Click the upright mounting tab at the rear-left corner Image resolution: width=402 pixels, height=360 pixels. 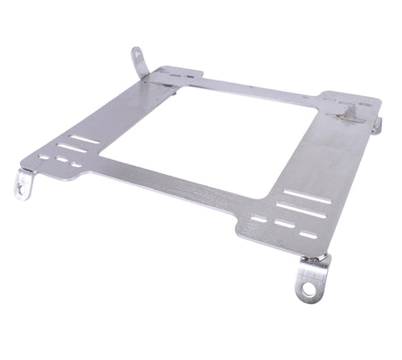coord(138,61)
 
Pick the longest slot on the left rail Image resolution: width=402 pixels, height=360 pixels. coord(85,139)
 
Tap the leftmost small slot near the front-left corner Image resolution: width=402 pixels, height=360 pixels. coord(44,157)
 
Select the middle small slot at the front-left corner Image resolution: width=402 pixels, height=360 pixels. coord(60,161)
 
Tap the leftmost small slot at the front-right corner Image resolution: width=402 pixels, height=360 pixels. coord(259,218)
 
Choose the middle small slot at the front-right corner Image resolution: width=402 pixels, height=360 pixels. coord(284,225)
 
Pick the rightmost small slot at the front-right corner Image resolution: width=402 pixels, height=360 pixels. coord(308,234)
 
